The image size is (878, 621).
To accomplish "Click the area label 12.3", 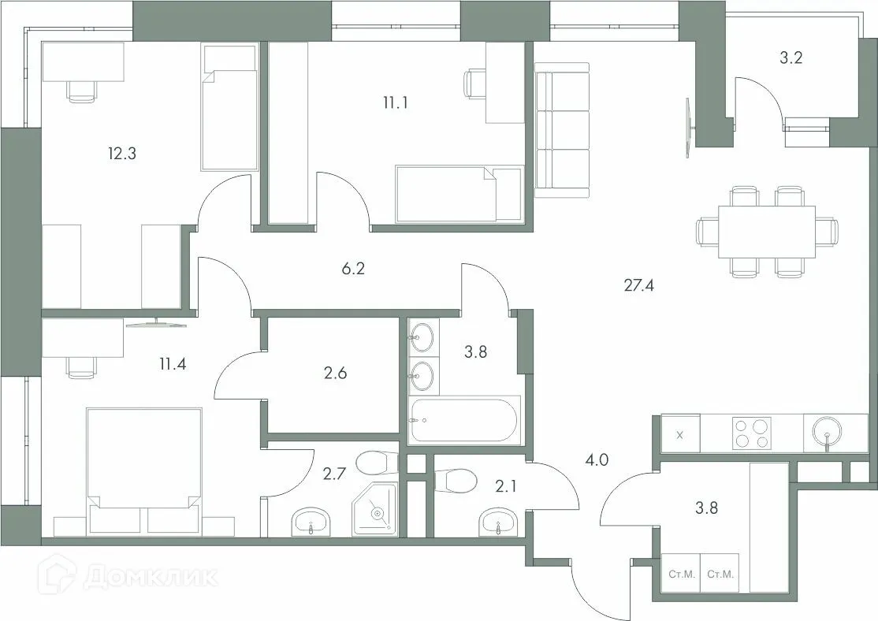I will click(122, 154).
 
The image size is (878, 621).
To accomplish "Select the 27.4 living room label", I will click(639, 284).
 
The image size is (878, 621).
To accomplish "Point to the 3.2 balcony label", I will click(791, 58).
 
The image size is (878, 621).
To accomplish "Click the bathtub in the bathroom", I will click(464, 420).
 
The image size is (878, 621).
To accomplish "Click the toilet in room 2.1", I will click(456, 478).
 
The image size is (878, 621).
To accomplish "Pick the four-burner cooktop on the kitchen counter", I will click(752, 433).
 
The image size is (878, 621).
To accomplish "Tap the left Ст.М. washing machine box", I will click(681, 575).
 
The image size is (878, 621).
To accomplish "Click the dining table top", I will click(766, 231).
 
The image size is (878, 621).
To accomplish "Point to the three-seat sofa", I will click(562, 130).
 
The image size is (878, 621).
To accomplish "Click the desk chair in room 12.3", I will click(82, 90).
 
